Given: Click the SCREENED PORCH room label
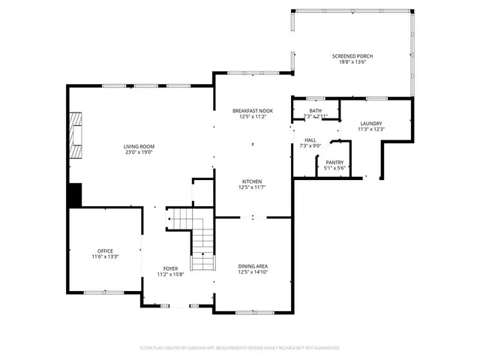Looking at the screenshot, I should pyautogui.click(x=352, y=56).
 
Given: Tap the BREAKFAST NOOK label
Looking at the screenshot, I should pyautogui.click(x=252, y=110).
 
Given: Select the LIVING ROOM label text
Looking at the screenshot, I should pyautogui.click(x=139, y=146).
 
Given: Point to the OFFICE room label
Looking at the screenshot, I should pyautogui.click(x=104, y=250).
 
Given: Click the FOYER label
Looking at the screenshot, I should pyautogui.click(x=171, y=268).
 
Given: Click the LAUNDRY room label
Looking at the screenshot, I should pyautogui.click(x=370, y=124).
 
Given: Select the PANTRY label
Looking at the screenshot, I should pyautogui.click(x=334, y=162).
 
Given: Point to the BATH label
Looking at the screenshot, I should pyautogui.click(x=316, y=111).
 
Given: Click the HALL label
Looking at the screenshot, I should pyautogui.click(x=310, y=140).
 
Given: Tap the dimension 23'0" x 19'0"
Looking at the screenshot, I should pyautogui.click(x=139, y=152).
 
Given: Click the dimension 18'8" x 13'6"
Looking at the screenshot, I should pyautogui.click(x=352, y=62).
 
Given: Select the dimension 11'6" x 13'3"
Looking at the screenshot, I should pyautogui.click(x=104, y=256).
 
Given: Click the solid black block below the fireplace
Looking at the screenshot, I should pyautogui.click(x=74, y=196).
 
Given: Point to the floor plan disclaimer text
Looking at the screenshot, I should pyautogui.click(x=239, y=348).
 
